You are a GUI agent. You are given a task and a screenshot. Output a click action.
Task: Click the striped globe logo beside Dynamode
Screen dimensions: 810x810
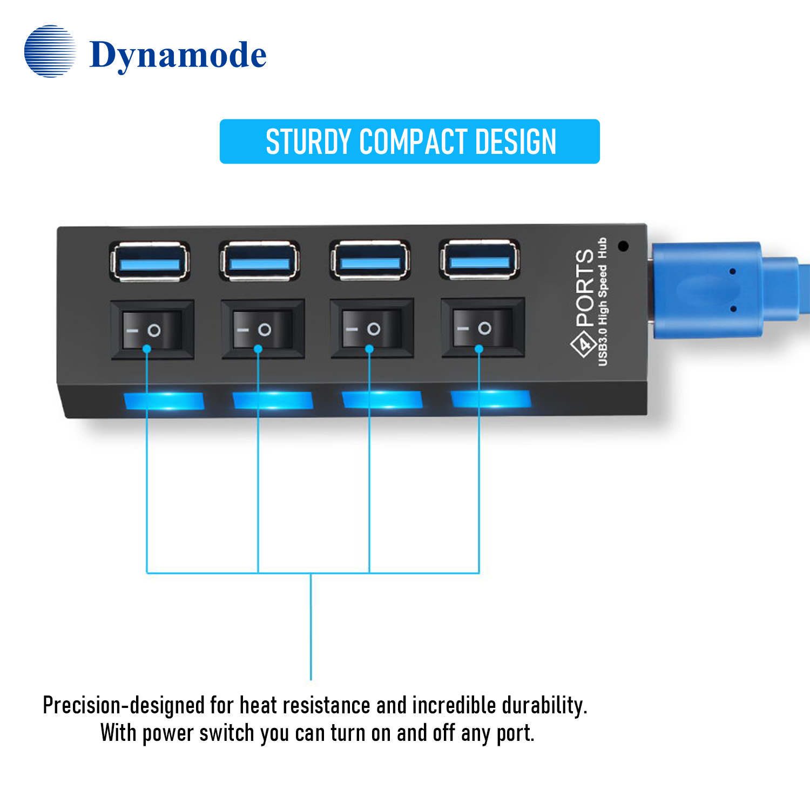tap(50, 51)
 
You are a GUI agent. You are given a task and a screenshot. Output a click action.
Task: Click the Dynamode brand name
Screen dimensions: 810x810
tap(178, 55)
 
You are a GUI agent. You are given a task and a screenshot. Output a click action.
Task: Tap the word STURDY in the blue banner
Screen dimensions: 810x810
tap(308, 142)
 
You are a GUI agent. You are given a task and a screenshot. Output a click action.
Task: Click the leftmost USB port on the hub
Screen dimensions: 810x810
tap(150, 262)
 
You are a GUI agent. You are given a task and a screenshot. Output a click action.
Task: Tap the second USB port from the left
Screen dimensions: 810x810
tap(259, 261)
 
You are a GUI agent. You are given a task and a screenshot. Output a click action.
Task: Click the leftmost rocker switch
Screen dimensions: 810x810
tap(152, 330)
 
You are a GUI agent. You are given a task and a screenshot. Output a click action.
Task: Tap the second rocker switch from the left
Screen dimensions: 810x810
tap(262, 329)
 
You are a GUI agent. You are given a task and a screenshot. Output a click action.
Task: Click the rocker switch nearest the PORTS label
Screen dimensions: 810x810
tap(482, 328)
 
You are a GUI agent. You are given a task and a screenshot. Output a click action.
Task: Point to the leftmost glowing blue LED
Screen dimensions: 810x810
tap(164, 401)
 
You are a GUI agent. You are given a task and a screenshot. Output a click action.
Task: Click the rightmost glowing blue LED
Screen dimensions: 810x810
tap(491, 399)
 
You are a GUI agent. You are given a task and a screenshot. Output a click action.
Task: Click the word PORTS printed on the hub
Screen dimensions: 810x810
tap(585, 288)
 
